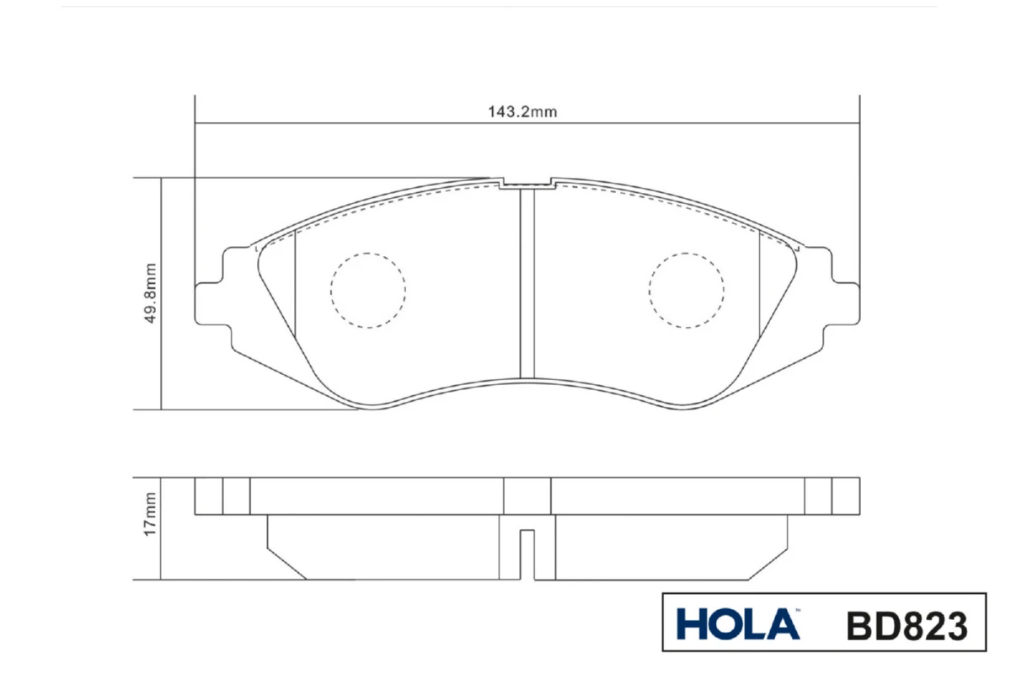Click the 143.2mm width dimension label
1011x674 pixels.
point(522,111)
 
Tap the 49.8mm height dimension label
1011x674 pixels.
point(150,293)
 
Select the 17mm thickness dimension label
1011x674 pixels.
point(149,514)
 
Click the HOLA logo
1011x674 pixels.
point(738,624)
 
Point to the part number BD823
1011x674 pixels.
point(907,626)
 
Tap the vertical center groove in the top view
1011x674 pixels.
point(527,284)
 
